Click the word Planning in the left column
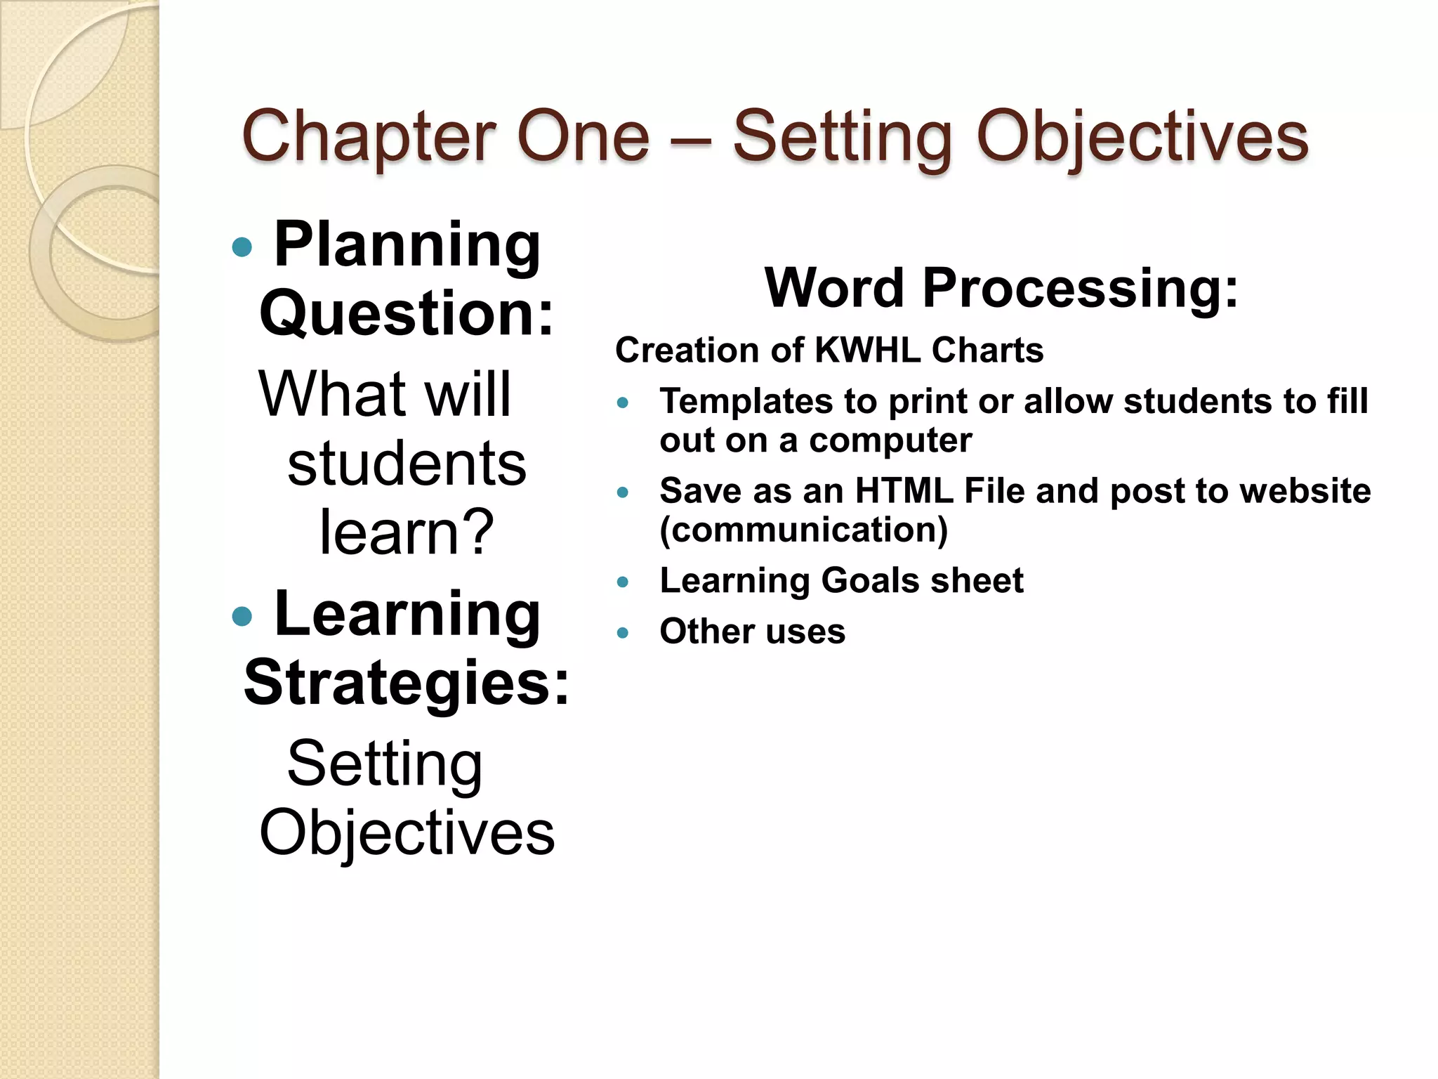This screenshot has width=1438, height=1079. tap(407, 246)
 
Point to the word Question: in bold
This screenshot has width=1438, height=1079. tap(407, 314)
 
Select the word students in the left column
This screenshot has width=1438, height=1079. tap(407, 464)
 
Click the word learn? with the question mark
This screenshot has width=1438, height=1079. tap(407, 532)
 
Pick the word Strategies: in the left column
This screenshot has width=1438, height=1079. tap(407, 683)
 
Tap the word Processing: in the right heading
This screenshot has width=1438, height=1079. tap(1080, 289)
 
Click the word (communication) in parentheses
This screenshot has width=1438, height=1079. tap(804, 530)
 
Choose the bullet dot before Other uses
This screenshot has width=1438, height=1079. tap(622, 633)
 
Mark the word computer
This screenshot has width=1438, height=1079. tap(890, 441)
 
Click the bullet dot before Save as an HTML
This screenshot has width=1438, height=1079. tap(622, 492)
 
